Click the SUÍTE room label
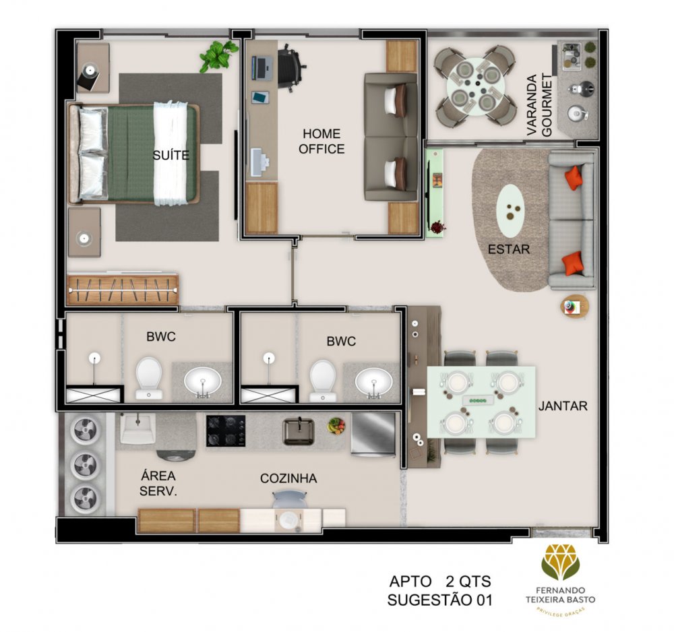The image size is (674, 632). pos(171,155)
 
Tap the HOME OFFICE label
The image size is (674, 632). pos(321,141)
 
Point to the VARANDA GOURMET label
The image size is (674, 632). pos(539,105)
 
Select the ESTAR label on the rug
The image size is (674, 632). pos(508,249)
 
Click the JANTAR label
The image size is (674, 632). pos(563,406)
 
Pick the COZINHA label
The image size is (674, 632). pos(288,478)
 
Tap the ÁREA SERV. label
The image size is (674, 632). pos(158,483)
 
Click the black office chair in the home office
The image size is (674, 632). pos(291,66)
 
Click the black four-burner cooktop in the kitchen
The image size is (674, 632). pos(226,431)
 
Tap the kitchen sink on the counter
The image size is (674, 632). pos(299,431)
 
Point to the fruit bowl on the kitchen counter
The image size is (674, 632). pos(336,426)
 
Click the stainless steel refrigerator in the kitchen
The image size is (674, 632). pos(373,433)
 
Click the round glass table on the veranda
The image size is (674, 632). pos(475,85)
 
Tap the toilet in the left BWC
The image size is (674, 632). pos(149,378)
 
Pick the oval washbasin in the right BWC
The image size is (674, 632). pos(373,381)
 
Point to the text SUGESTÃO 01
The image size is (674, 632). pos(439,600)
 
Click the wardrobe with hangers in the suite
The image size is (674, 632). pos(123,290)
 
